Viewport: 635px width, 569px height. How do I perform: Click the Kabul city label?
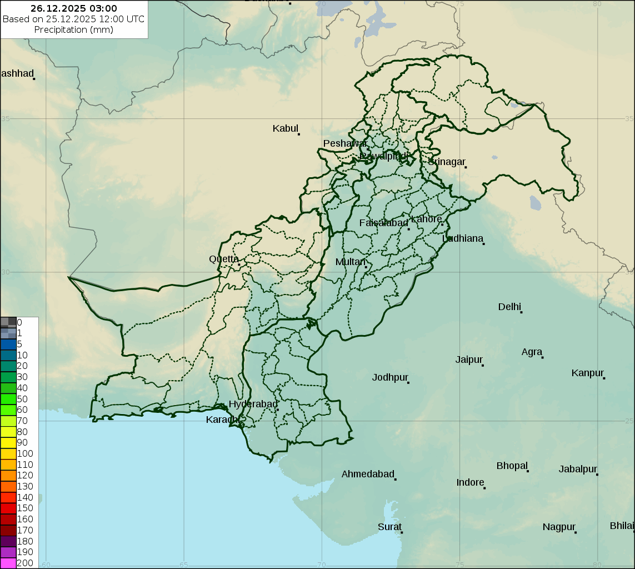(x=286, y=128)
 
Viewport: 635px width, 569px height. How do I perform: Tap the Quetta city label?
(x=224, y=259)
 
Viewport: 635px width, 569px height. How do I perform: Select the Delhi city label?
(x=509, y=307)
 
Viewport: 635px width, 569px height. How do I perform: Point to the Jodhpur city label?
(x=390, y=377)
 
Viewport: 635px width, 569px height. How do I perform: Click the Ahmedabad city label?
(x=367, y=474)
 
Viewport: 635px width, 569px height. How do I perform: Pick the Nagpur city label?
(x=559, y=527)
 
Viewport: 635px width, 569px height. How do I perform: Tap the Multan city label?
(x=351, y=262)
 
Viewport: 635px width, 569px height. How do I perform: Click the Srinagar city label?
(x=446, y=162)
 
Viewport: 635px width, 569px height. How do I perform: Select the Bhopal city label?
(x=512, y=466)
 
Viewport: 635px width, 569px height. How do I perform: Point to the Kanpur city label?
(x=587, y=373)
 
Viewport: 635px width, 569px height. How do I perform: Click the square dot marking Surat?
(x=402, y=532)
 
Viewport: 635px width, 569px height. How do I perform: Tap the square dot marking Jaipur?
(x=483, y=365)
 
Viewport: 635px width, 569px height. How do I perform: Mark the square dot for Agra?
(x=542, y=357)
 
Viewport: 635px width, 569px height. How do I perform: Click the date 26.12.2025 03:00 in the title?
(x=74, y=8)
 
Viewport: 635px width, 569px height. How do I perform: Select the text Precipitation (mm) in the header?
(x=74, y=29)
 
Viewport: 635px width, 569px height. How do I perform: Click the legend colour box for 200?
(x=8, y=563)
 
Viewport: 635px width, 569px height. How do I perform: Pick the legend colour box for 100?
(x=8, y=453)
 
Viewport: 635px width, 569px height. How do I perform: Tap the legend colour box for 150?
(x=8, y=508)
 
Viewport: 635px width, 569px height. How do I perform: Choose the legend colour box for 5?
(x=8, y=344)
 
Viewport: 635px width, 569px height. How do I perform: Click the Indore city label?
(x=470, y=482)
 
